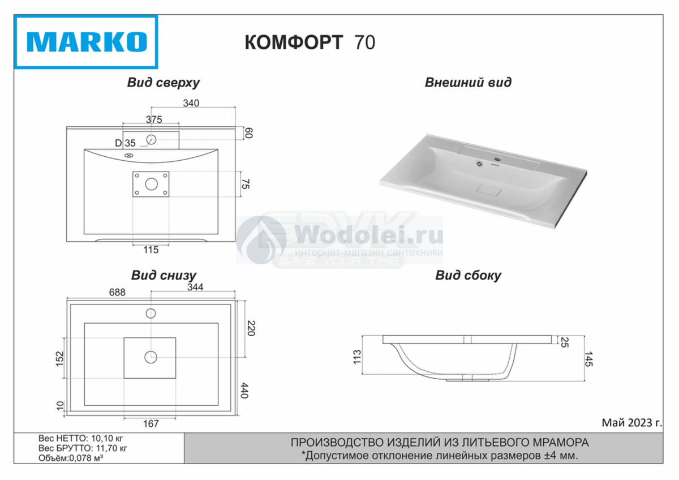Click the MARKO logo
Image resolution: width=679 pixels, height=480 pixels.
tap(86, 42)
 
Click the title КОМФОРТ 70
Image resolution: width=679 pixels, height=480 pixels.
tap(310, 42)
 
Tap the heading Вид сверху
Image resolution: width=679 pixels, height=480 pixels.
tap(164, 83)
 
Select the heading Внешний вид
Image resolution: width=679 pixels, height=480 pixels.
tap(468, 83)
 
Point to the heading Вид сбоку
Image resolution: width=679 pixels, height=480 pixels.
tap(468, 276)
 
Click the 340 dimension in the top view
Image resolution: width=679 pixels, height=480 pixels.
tap(191, 103)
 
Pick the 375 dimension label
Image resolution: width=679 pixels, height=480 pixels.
tap(154, 119)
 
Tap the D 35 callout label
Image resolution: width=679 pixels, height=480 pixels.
tap(125, 143)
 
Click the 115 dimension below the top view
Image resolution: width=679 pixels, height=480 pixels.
tap(151, 250)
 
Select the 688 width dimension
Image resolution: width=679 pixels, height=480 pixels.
tap(117, 292)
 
